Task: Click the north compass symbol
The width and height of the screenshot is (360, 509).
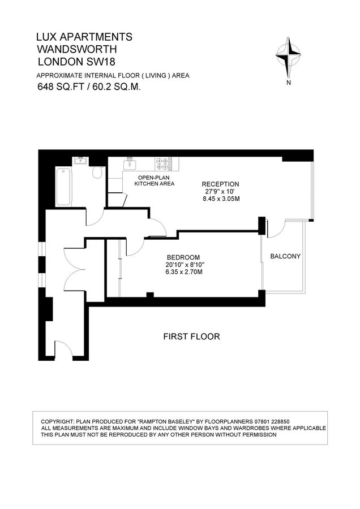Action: click(289, 56)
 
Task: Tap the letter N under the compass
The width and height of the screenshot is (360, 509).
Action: click(289, 83)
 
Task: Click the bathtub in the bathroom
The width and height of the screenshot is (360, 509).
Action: click(63, 187)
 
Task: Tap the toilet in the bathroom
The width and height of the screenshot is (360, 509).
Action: click(97, 172)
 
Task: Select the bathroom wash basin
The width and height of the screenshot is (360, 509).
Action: click(80, 161)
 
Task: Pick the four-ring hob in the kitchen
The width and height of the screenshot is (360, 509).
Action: click(164, 163)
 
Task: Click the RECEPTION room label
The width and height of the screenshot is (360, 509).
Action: click(221, 184)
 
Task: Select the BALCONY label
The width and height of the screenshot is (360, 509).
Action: click(285, 256)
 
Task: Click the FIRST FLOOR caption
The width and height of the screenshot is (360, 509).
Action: click(191, 337)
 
